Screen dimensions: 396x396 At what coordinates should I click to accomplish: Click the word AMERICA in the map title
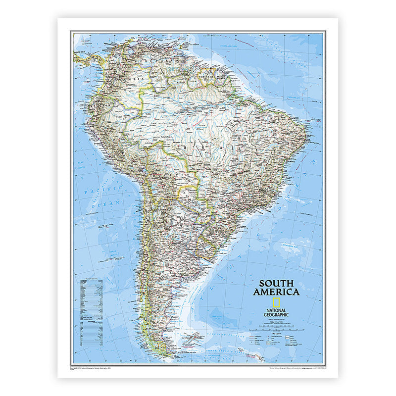point(276,292)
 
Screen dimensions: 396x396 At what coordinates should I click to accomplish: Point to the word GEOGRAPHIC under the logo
point(276,315)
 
